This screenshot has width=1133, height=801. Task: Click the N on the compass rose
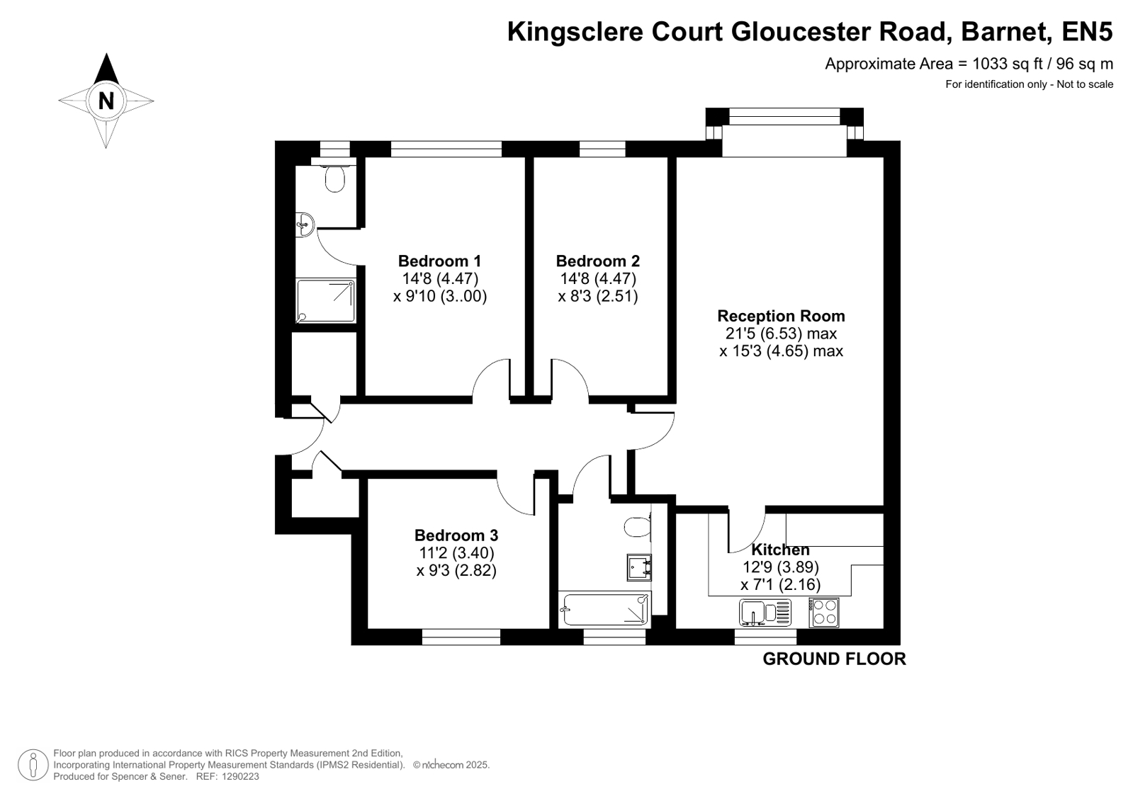pyautogui.click(x=106, y=101)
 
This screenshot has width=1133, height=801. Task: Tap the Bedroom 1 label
pyautogui.click(x=439, y=261)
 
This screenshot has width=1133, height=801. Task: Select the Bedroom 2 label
pyautogui.click(x=598, y=261)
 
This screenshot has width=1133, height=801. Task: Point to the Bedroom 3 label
pyautogui.click(x=456, y=535)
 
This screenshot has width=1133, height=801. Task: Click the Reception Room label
pyautogui.click(x=781, y=316)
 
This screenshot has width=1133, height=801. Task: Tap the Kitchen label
pyautogui.click(x=780, y=549)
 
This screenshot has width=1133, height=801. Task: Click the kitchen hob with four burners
pyautogui.click(x=823, y=613)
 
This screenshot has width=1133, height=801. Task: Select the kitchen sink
pyautogui.click(x=765, y=613)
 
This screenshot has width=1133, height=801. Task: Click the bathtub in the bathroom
pyautogui.click(x=604, y=609)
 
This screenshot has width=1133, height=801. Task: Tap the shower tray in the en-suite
pyautogui.click(x=326, y=300)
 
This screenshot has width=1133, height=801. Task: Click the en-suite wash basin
pyautogui.click(x=305, y=225)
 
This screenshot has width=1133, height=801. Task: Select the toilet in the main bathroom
pyautogui.click(x=638, y=526)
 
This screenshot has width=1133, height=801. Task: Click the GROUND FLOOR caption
pyautogui.click(x=834, y=659)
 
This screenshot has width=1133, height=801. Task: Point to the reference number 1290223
pyautogui.click(x=240, y=776)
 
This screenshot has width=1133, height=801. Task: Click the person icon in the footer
pyautogui.click(x=33, y=765)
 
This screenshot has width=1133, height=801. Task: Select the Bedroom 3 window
pyautogui.click(x=461, y=637)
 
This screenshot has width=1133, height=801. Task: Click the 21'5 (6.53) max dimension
pyautogui.click(x=781, y=334)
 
